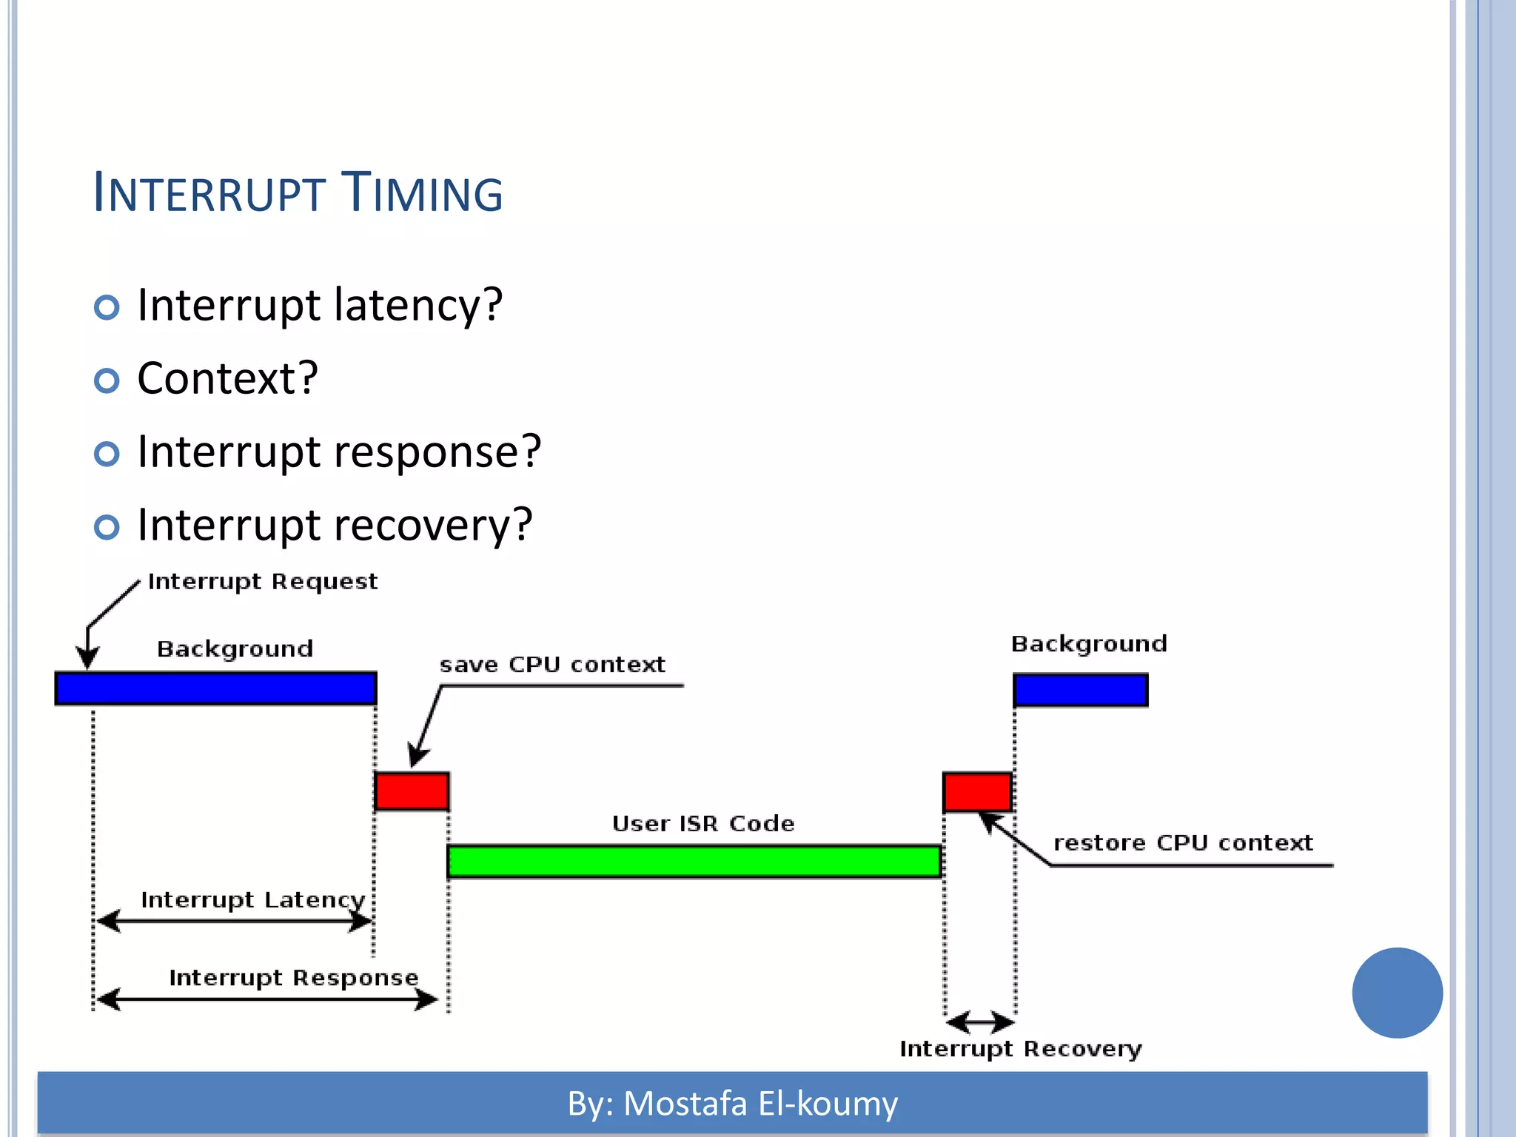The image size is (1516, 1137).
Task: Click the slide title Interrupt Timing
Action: (298, 192)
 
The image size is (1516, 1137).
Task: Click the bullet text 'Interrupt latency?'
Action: (320, 305)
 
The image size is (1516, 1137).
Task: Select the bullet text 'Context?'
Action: (227, 378)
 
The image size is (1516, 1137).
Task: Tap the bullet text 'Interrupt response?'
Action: (339, 452)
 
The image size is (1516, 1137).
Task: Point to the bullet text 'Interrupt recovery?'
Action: (335, 525)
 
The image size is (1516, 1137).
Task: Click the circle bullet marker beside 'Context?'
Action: (107, 380)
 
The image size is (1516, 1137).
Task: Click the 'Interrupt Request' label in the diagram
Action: (263, 582)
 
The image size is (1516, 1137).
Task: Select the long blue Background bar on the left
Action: (215, 688)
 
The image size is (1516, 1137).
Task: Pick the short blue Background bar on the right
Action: (1080, 691)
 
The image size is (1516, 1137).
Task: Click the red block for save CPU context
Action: (412, 791)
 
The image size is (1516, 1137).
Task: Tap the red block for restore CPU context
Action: (977, 792)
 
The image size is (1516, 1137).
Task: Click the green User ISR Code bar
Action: (694, 862)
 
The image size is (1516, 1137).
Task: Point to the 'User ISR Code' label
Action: (703, 824)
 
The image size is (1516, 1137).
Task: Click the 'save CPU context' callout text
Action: (552, 665)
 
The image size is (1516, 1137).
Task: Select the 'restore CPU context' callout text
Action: (1183, 843)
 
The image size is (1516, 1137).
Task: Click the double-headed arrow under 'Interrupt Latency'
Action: (234, 922)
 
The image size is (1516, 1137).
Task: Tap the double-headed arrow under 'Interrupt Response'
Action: (267, 1000)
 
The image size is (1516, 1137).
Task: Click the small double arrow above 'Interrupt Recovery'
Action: (980, 1023)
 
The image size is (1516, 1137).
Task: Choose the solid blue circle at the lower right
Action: (1397, 993)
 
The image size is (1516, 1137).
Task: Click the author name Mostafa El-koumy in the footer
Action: (760, 1104)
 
